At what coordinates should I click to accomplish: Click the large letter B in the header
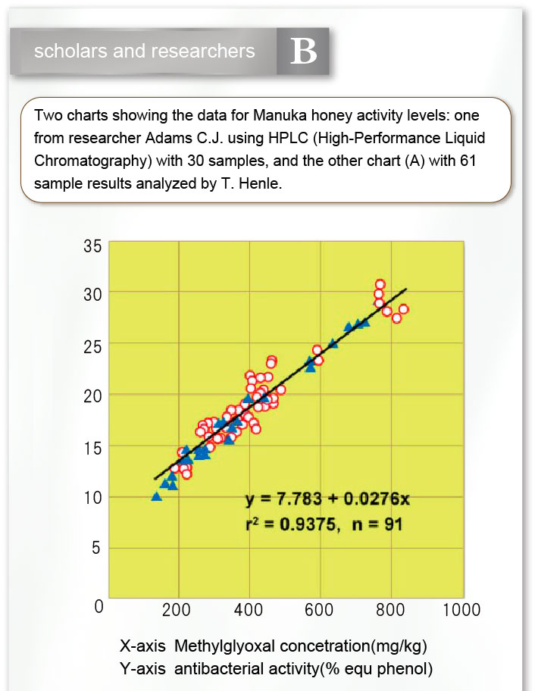[303, 51]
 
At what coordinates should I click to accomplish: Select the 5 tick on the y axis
[95, 548]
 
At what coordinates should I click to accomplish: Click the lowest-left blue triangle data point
[156, 496]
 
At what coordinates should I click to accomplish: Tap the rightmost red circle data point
[403, 309]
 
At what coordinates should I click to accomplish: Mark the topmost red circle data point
[380, 284]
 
